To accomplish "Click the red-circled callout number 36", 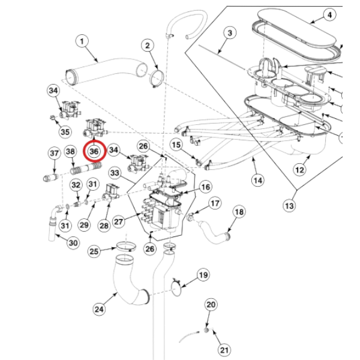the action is click(94, 151).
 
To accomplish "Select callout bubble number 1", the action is click(82, 41).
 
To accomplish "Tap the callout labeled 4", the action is click(329, 15).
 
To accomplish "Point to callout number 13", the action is click(289, 206).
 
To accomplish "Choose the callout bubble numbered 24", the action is click(99, 309).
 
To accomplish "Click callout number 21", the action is click(224, 350).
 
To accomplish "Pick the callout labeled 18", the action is click(239, 212).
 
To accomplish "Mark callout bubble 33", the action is click(115, 173).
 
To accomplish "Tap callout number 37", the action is click(55, 153).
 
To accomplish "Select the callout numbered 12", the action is click(299, 170).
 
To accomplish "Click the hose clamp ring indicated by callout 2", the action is click(157, 78).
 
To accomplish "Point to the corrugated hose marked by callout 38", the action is click(86, 169).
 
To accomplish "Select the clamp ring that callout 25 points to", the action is click(126, 247).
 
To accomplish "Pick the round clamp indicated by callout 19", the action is click(176, 287).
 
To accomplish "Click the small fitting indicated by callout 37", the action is click(51, 178).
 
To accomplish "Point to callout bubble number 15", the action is click(176, 145).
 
